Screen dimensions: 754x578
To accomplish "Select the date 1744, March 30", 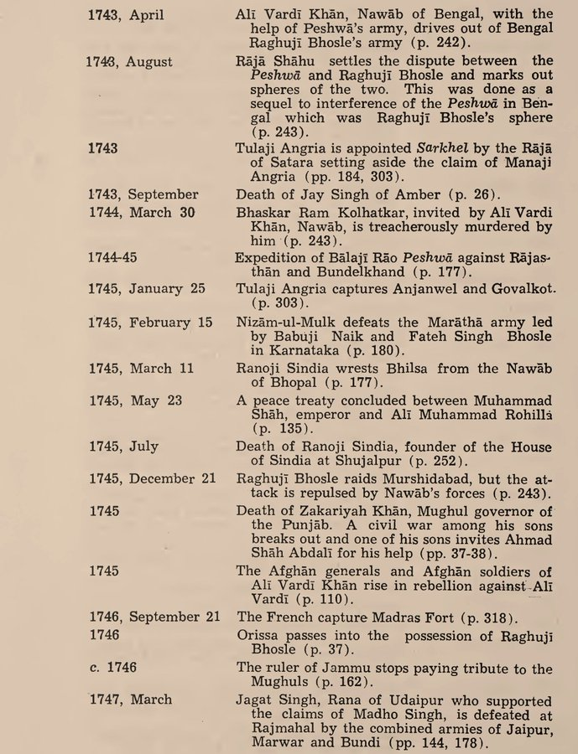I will click(142, 213).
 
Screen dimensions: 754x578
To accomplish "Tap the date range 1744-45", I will click(113, 257).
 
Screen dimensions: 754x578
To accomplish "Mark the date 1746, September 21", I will click(154, 617).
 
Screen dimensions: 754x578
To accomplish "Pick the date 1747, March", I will click(129, 699).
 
